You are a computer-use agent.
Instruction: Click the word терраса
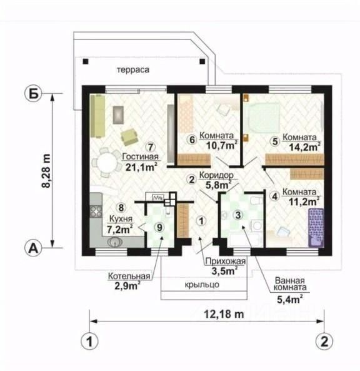pyautogui.click(x=133, y=70)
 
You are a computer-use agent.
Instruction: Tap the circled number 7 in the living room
pyautogui.click(x=151, y=147)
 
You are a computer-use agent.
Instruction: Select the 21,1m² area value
pyautogui.click(x=141, y=167)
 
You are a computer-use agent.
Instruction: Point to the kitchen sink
pyautogui.click(x=115, y=242)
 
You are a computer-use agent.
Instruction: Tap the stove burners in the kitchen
pyautogui.click(x=96, y=211)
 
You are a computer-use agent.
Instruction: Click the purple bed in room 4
pyautogui.click(x=316, y=228)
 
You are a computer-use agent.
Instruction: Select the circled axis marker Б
pyautogui.click(x=33, y=94)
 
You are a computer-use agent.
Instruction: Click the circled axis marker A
pyautogui.click(x=33, y=248)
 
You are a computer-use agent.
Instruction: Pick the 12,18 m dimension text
pyautogui.click(x=224, y=314)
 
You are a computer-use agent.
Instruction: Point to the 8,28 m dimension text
pyautogui.click(x=46, y=170)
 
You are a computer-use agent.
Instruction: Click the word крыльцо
pyautogui.click(x=202, y=285)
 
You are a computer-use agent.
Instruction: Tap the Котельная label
pyautogui.click(x=129, y=276)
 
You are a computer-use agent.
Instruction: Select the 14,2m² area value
pyautogui.click(x=305, y=147)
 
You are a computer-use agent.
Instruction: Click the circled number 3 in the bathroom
pyautogui.click(x=237, y=215)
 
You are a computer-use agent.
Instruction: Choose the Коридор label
pyautogui.click(x=216, y=176)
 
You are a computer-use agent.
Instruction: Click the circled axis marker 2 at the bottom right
pyautogui.click(x=324, y=342)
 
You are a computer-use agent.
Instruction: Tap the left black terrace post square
pyautogui.click(x=86, y=61)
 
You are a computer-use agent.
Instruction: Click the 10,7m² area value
pyautogui.click(x=222, y=145)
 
